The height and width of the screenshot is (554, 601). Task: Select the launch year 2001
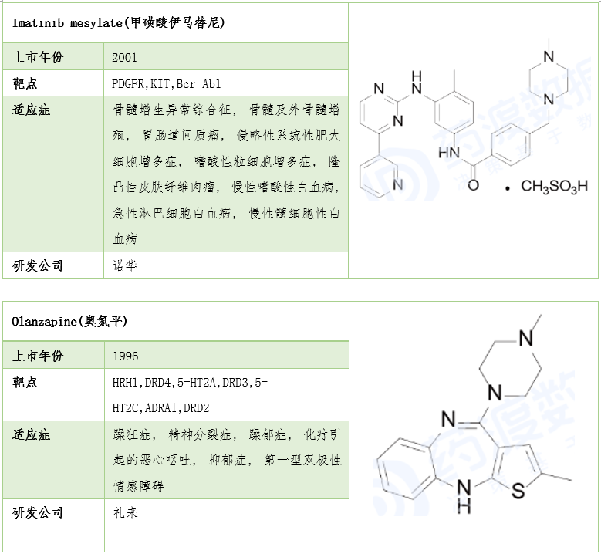(124, 58)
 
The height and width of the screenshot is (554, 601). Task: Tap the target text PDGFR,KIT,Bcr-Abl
(167, 83)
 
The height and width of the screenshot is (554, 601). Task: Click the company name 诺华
(125, 265)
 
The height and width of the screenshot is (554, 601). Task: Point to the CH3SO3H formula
(554, 186)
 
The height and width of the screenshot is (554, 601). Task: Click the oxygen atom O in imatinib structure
(474, 185)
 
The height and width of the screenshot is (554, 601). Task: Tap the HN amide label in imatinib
(449, 153)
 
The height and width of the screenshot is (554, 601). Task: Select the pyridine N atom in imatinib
(398, 184)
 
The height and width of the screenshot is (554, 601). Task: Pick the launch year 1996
(126, 356)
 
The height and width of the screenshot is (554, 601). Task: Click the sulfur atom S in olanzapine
(518, 491)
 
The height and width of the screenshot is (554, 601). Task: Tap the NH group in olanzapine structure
(464, 497)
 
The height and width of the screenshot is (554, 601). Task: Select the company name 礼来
(125, 512)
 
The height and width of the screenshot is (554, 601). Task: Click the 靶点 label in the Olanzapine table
(25, 382)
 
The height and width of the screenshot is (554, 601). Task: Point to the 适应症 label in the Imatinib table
(32, 110)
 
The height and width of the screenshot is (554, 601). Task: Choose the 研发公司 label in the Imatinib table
(38, 265)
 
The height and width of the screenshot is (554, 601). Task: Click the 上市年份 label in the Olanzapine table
(38, 356)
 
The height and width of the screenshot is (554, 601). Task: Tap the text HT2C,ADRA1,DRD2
(161, 408)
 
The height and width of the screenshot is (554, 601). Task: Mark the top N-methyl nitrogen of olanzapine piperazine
(526, 339)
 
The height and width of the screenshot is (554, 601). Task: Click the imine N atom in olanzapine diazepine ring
(448, 419)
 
